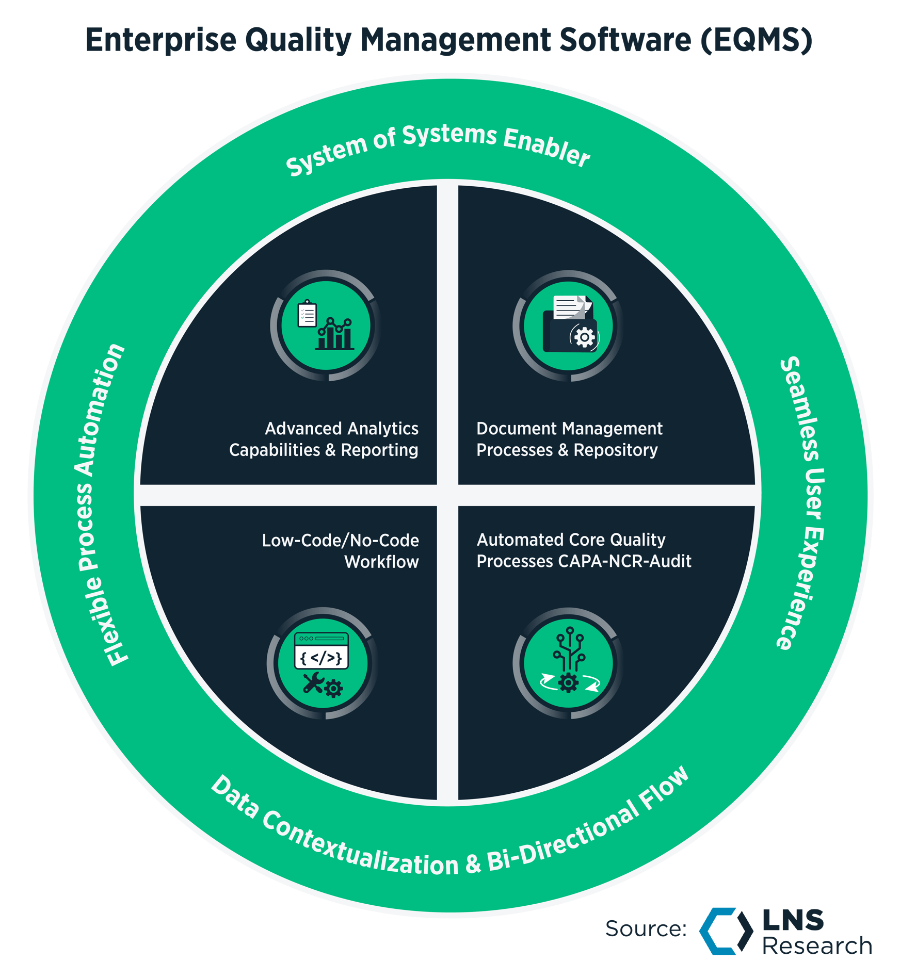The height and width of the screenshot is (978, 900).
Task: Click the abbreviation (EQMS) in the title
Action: coord(756,40)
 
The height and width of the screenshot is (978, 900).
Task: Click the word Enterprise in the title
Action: coord(160,40)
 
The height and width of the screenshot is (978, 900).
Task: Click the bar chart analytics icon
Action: coord(326,325)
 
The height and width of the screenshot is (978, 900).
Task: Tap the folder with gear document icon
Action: coord(569,325)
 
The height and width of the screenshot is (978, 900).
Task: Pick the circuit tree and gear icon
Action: coord(569,663)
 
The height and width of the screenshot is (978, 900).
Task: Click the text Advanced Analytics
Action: coord(342,429)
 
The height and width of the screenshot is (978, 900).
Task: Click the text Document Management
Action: coord(569,429)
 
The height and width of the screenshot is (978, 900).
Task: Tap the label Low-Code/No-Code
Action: coord(340,540)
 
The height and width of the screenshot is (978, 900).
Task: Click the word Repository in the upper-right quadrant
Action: coord(616,450)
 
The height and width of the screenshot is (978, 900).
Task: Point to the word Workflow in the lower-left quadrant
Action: coord(381,562)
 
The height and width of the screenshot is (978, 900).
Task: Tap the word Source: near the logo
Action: coord(646,929)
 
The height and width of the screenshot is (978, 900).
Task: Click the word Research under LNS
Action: coord(817,946)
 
